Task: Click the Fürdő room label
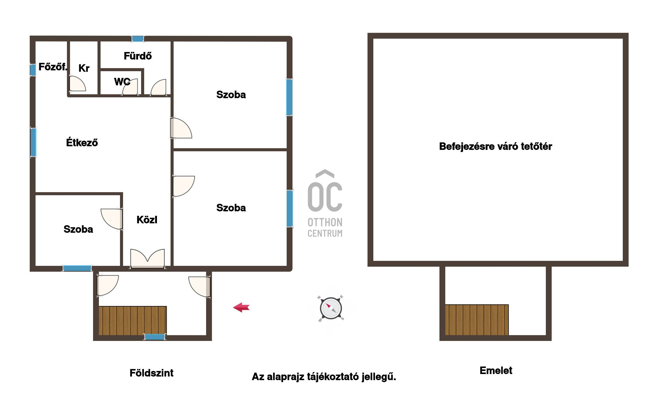tap(138, 56)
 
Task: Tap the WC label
tap(122, 82)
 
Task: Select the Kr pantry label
tap(84, 68)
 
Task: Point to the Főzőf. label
tap(53, 67)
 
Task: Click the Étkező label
tap(82, 142)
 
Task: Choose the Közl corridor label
tap(147, 220)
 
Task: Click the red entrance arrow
tap(241, 307)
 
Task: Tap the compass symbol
tap(331, 308)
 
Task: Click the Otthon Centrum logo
tap(325, 203)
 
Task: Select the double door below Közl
tap(147, 259)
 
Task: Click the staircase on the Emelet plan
tap(477, 320)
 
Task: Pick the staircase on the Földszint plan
tap(133, 320)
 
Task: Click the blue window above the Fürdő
tap(138, 39)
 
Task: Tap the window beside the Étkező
tap(33, 142)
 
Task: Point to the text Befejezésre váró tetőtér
tap(496, 146)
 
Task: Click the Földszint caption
tap(151, 373)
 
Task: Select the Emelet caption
tap(496, 370)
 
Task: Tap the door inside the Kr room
tap(77, 83)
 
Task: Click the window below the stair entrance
tap(155, 337)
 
